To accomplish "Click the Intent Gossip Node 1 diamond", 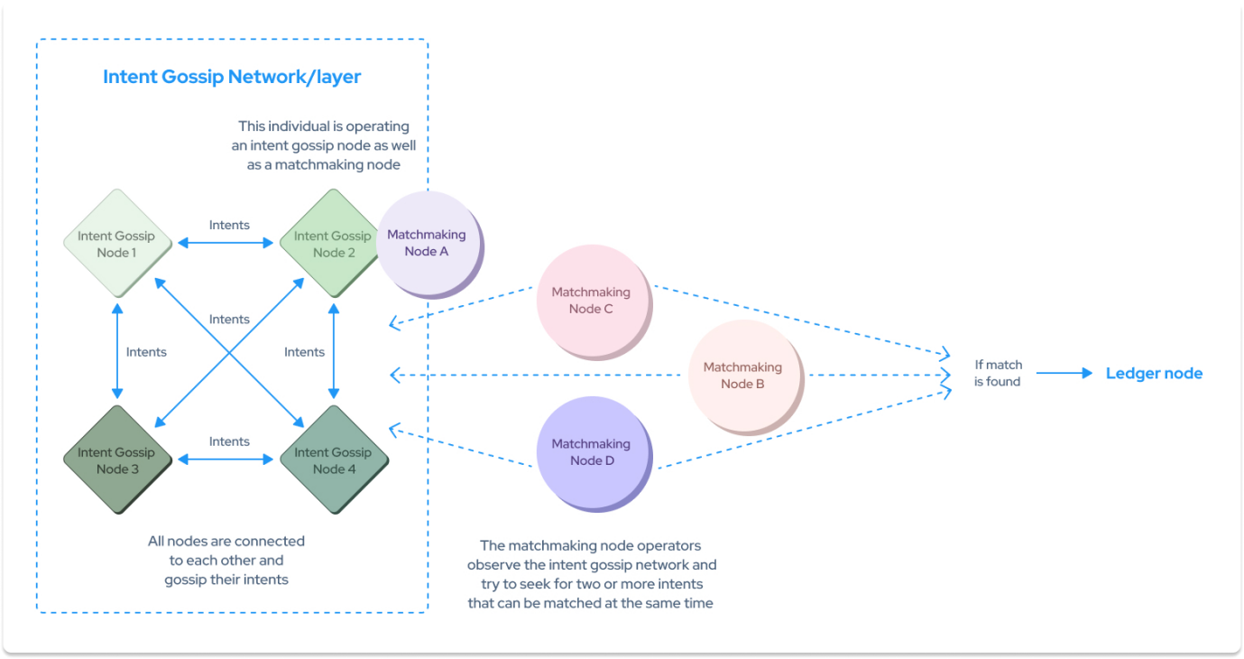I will pyautogui.click(x=116, y=244).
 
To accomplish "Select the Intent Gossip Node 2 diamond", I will pyautogui.click(x=334, y=244).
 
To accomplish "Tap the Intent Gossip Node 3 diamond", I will pyautogui.click(x=116, y=460).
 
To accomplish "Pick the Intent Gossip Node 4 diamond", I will pyautogui.click(x=334, y=460).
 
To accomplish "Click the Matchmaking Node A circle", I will pyautogui.click(x=428, y=242).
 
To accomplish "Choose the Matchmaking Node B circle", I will pyautogui.click(x=743, y=375).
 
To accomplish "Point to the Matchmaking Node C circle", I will pyautogui.click(x=591, y=300).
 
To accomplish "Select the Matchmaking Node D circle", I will pyautogui.click(x=591, y=451).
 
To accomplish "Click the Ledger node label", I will pyautogui.click(x=1154, y=374).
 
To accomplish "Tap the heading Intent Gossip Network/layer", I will pyautogui.click(x=232, y=77).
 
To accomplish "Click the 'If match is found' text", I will pyautogui.click(x=998, y=373).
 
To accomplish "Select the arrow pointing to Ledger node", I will pyautogui.click(x=1064, y=373).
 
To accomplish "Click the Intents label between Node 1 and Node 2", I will pyautogui.click(x=229, y=225).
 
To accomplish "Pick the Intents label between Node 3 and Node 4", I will pyautogui.click(x=229, y=441).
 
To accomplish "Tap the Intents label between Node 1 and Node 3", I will pyautogui.click(x=146, y=352).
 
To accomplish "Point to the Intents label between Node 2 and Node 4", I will pyautogui.click(x=304, y=352).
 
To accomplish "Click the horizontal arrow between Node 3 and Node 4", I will pyautogui.click(x=226, y=459).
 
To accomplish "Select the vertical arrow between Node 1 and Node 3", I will pyautogui.click(x=116, y=350).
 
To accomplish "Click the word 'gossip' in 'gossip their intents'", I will pyautogui.click(x=189, y=580).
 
